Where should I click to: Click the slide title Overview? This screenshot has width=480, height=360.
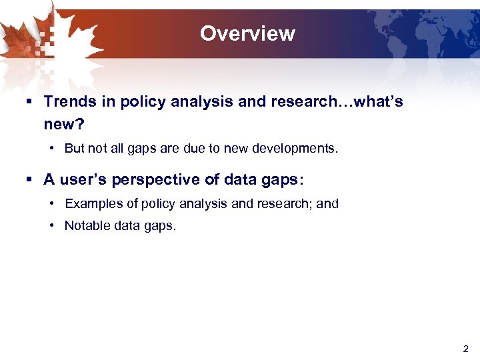247,33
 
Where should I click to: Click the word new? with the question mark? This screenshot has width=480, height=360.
63,124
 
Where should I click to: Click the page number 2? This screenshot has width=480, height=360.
465,348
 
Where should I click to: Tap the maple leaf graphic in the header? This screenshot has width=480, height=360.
40,40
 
